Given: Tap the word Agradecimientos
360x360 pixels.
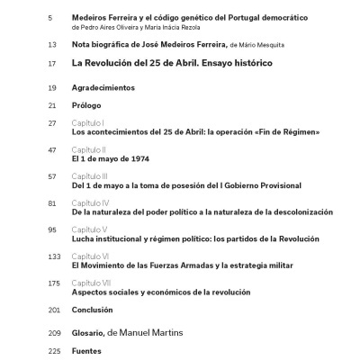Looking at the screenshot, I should tap(103, 87).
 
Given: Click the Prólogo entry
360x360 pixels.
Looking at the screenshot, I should tap(87, 105).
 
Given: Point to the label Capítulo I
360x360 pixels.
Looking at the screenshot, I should tap(88, 122).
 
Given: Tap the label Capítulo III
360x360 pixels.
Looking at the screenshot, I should tap(91, 176).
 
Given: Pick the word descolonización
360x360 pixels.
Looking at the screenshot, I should tap(298, 212).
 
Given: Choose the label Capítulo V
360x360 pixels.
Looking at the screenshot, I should tap(90, 230).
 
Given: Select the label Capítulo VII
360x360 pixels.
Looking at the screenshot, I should tap(92, 283).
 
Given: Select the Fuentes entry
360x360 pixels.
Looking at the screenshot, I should tap(87, 350).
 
